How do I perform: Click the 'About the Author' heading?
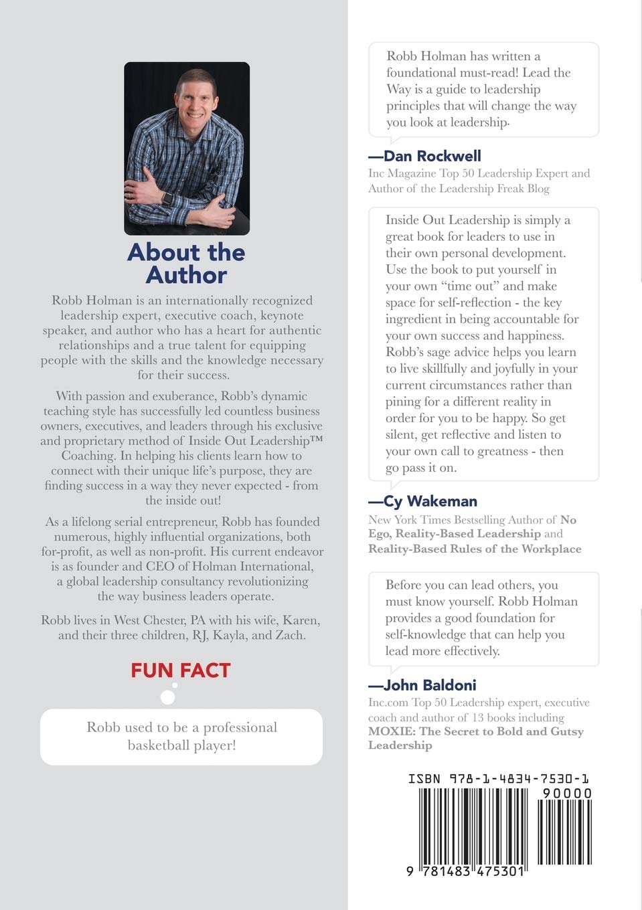186,263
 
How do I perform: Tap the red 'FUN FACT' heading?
181,670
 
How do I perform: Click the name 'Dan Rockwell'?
432,156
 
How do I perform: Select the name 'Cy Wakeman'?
430,501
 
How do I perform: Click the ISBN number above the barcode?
499,779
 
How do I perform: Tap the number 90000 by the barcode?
566,794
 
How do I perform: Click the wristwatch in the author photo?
167,199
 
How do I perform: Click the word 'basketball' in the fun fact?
159,745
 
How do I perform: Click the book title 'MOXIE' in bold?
390,731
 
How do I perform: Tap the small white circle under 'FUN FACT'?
168,698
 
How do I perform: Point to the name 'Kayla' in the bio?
230,635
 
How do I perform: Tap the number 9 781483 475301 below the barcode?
465,872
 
